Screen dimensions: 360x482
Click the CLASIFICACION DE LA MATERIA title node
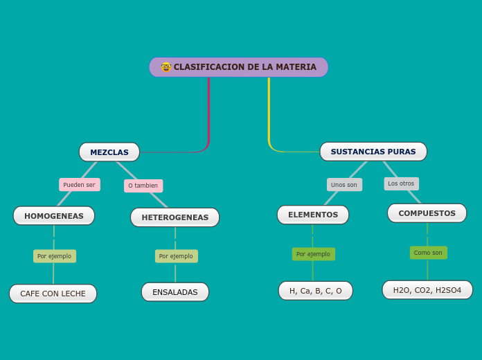[239, 67]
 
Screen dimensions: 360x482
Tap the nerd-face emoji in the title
[166, 67]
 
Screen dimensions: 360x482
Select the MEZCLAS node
[109, 152]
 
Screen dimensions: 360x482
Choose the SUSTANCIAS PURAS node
[373, 152]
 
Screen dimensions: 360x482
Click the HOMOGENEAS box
[54, 216]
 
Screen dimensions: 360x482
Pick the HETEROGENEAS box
[175, 217]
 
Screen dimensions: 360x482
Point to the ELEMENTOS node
[313, 215]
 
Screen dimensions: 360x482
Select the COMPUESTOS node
[427, 213]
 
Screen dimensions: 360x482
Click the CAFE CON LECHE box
[53, 294]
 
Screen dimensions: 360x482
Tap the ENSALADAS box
[175, 292]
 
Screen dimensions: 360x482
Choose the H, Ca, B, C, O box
[316, 291]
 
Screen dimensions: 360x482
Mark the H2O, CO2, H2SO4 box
[427, 290]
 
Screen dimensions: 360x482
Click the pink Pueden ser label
[80, 185]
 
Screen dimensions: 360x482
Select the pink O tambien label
[143, 186]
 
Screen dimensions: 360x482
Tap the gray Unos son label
[344, 185]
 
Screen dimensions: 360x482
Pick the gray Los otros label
[402, 183]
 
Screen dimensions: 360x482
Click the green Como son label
[428, 253]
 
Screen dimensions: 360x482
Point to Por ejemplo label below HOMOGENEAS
[55, 256]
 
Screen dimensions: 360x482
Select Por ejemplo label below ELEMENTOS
[314, 254]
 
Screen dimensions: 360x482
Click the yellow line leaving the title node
[269, 111]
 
